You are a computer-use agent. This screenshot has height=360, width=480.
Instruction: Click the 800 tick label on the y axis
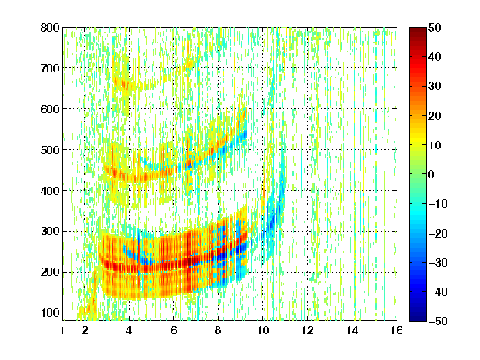click(x=50, y=27)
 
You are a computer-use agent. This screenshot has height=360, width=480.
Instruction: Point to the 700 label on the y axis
click(x=50, y=68)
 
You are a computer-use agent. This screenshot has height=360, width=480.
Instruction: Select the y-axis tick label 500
click(x=50, y=150)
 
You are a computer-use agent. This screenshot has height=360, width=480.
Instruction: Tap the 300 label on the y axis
click(x=50, y=232)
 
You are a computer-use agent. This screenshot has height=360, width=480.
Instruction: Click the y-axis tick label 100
click(x=50, y=312)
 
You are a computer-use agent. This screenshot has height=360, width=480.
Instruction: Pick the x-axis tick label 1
click(x=62, y=330)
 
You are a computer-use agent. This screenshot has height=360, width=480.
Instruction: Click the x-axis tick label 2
click(x=85, y=330)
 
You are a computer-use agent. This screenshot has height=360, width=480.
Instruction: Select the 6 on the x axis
click(x=174, y=330)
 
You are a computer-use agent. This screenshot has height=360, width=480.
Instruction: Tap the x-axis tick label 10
click(x=263, y=330)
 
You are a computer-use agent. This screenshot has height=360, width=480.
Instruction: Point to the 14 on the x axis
click(x=352, y=330)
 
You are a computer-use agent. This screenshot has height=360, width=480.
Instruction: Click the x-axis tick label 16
click(x=397, y=330)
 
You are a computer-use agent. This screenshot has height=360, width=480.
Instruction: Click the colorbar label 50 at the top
click(x=435, y=27)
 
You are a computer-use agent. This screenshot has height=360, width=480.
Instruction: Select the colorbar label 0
click(x=432, y=174)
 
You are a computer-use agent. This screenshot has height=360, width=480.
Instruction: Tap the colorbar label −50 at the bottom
click(x=438, y=321)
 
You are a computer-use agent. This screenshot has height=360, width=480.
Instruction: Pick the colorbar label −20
click(x=438, y=233)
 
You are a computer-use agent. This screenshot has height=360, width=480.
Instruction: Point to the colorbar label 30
click(x=435, y=87)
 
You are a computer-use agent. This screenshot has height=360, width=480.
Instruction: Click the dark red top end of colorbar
click(x=417, y=30)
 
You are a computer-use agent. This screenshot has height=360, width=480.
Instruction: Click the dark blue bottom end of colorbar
click(x=417, y=318)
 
